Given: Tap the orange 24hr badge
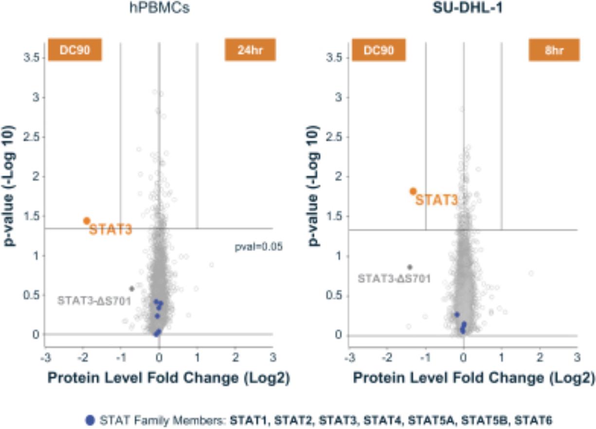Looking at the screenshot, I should [x=250, y=50].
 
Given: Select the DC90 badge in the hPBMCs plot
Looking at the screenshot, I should [x=74, y=50].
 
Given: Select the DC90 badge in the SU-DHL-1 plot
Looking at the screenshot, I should [x=379, y=50].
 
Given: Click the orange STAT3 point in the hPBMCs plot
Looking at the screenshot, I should [x=87, y=221].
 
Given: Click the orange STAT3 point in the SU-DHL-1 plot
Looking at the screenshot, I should [x=413, y=191].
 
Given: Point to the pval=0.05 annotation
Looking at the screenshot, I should [x=259, y=247].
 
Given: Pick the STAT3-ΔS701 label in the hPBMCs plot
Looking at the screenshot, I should [x=94, y=301].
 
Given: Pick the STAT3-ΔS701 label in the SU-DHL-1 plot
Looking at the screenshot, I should [x=395, y=279].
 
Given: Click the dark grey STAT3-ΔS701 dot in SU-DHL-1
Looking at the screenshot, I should [x=410, y=267].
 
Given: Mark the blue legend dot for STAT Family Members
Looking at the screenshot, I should [x=90, y=419].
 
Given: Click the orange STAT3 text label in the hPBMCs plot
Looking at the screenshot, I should [x=110, y=230].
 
